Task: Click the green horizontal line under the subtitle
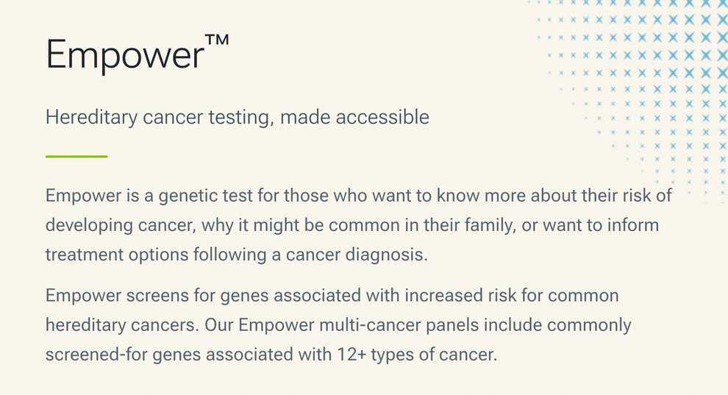76,156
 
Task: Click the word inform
633,225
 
